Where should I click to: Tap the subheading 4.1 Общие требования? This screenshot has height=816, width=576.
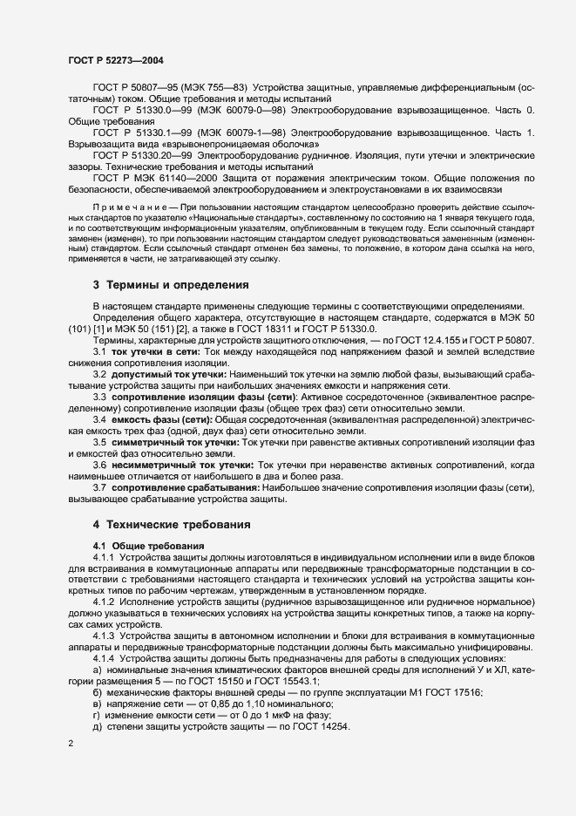click(143, 546)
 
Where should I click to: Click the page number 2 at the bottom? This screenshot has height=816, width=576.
click(70, 745)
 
